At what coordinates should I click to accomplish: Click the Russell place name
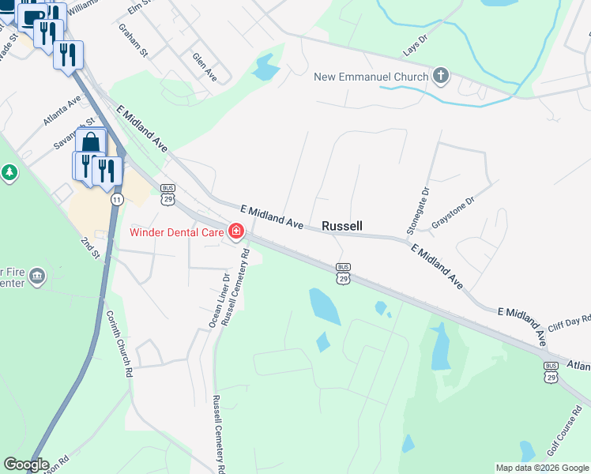[x=342, y=226]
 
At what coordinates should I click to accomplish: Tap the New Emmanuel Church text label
[x=371, y=77]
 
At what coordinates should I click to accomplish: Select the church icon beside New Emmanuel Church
[x=440, y=77]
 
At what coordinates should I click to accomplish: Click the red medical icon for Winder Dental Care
[x=235, y=231]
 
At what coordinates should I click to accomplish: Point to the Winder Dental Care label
[x=178, y=232]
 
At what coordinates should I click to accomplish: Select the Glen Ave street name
[x=205, y=66]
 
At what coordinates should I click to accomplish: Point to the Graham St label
[x=134, y=40]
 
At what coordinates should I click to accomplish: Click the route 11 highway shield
[x=117, y=199]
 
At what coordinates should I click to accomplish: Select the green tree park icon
[x=9, y=171]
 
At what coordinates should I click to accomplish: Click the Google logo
[x=26, y=465]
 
